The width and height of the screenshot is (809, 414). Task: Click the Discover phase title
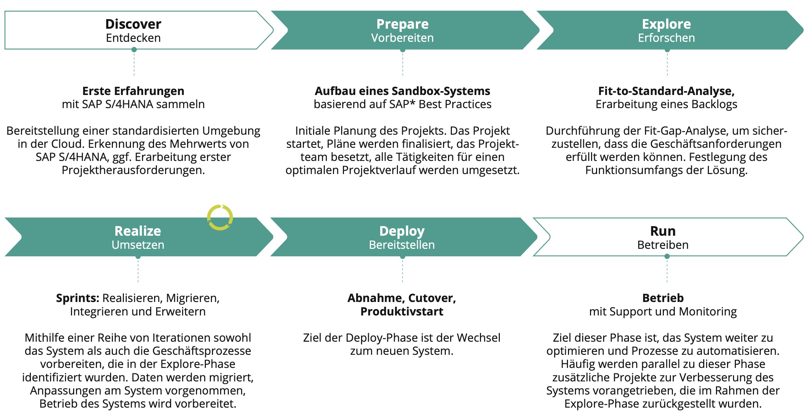[x=133, y=24]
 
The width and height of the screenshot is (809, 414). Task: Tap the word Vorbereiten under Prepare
[x=402, y=38]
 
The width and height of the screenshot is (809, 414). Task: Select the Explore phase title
[x=666, y=24]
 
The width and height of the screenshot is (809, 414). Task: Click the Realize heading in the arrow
[x=138, y=231]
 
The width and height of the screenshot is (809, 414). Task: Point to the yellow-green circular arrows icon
[x=220, y=217]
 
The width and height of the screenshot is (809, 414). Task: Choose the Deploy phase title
[x=402, y=231]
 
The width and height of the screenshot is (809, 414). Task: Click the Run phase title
[x=663, y=231]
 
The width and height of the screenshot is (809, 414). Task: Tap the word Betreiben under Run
[x=663, y=245]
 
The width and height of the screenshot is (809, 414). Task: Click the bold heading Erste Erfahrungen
[x=133, y=91]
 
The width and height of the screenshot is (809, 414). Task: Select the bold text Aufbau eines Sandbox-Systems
[x=402, y=91]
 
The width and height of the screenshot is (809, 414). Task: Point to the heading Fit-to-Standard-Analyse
[x=666, y=91]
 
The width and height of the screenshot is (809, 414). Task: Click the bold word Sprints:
[x=77, y=298]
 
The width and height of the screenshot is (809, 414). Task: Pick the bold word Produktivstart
[x=402, y=312]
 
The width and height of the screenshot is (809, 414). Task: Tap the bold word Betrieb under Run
[x=663, y=298]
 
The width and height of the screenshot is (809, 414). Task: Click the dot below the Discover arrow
[x=134, y=50]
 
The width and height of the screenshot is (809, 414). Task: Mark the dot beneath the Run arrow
[x=667, y=257]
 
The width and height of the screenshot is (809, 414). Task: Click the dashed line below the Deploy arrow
[x=403, y=271]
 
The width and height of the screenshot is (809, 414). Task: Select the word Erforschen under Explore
[x=666, y=38]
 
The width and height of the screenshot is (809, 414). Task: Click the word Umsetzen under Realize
[x=138, y=245]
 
